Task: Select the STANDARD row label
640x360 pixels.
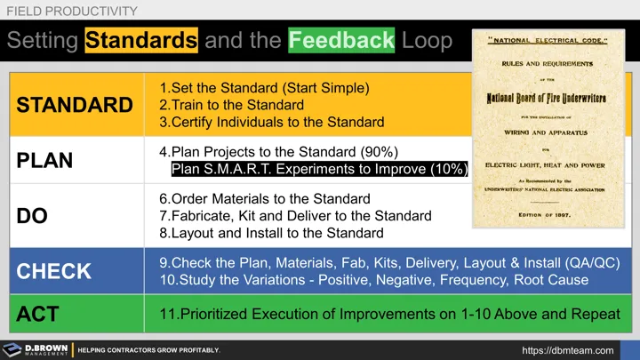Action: click(x=74, y=105)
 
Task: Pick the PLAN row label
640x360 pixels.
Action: click(x=44, y=161)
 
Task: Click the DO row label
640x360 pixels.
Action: click(x=34, y=217)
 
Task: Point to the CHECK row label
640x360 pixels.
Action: click(x=54, y=272)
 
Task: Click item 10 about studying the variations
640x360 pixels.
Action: click(x=373, y=280)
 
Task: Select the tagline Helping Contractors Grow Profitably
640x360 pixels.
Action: click(x=148, y=350)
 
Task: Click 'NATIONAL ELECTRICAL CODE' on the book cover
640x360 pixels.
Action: click(x=548, y=42)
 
